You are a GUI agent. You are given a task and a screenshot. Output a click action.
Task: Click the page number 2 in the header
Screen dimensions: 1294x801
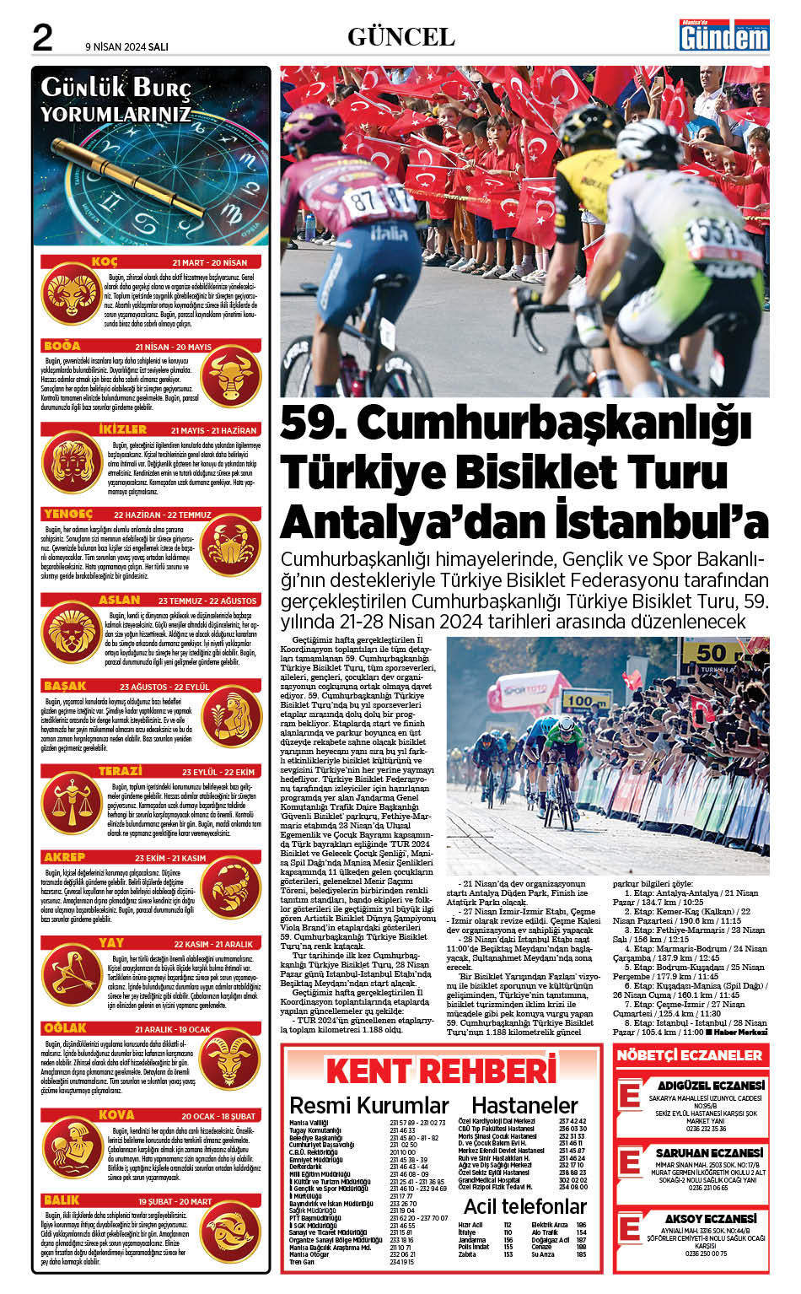point(42,38)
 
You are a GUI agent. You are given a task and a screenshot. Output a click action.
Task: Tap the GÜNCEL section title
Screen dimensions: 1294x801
point(400,37)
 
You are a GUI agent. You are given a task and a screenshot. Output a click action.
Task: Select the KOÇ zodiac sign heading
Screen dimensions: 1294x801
point(105,261)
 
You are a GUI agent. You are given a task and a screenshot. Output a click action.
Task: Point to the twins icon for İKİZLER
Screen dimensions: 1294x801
point(73,465)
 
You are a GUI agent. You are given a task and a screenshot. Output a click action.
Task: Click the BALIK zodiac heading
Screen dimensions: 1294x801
point(62,1200)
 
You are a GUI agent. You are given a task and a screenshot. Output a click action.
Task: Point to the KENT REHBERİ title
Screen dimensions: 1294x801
point(441,1070)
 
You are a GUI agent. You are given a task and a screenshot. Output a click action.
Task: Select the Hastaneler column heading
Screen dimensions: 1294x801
point(524,1105)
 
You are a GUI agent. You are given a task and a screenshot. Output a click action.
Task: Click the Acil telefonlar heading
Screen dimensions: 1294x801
point(524,1205)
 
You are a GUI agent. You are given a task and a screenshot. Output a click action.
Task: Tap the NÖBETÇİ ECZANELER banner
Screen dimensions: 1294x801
point(689,1054)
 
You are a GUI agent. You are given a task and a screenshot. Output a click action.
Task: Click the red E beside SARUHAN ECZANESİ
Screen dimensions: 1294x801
point(630,1162)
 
